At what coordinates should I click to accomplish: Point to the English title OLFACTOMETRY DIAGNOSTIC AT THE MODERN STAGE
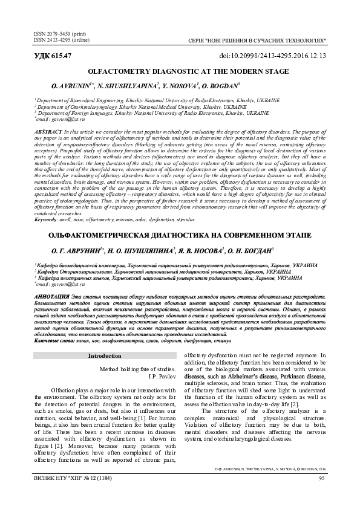click(180, 71)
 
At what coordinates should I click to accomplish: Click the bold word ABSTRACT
click(47, 131)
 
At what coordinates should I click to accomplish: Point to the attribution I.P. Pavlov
click(159, 375)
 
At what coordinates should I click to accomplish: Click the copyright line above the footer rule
click(270, 485)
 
